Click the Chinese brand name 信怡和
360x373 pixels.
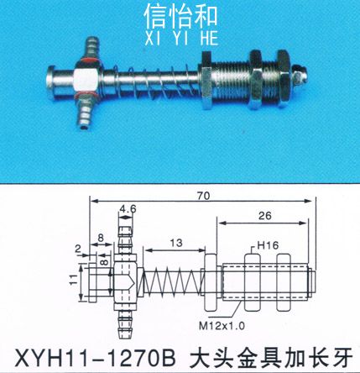coord(180,17)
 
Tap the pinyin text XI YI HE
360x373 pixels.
coord(181,39)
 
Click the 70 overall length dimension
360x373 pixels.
coord(203,196)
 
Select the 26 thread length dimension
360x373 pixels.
coord(265,216)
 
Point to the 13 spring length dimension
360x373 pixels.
coord(176,243)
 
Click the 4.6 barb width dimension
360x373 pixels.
coord(128,209)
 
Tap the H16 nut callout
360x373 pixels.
coord(268,245)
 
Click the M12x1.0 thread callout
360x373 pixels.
coord(222,326)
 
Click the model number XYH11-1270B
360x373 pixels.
coord(95,359)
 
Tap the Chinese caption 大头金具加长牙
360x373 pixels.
coord(271,359)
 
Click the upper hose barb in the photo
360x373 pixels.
coord(91,48)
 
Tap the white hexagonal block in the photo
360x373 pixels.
coord(86,81)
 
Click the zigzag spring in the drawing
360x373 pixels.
coord(172,282)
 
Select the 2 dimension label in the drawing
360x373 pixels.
coord(78,249)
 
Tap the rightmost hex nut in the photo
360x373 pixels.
coord(284,79)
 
